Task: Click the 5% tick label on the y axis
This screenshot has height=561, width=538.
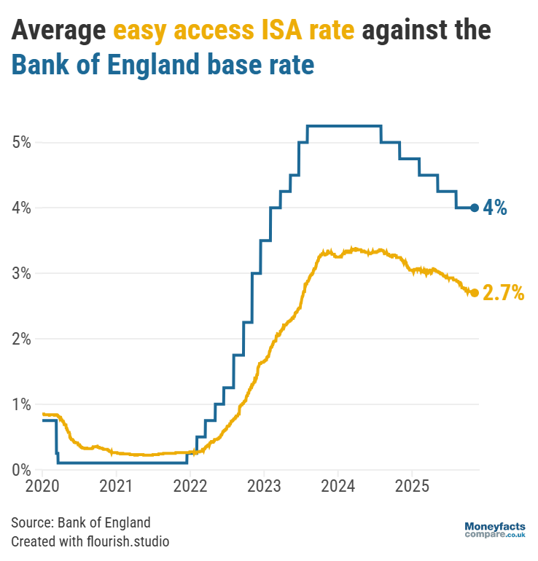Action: click(21, 142)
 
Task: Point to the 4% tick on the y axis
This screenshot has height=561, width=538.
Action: click(21, 208)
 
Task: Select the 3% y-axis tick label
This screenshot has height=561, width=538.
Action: click(21, 273)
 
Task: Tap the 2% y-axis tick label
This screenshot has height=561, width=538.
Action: click(21, 339)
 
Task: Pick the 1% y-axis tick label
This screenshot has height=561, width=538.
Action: click(21, 404)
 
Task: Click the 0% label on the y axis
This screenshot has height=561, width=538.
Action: click(21, 470)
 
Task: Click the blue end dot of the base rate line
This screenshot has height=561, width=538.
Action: click(475, 208)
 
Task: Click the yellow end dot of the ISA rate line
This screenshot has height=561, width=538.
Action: click(475, 293)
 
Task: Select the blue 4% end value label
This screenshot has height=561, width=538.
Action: click(495, 208)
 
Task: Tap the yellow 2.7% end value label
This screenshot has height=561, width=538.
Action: click(503, 294)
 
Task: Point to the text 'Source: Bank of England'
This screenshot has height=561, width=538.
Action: click(81, 522)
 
